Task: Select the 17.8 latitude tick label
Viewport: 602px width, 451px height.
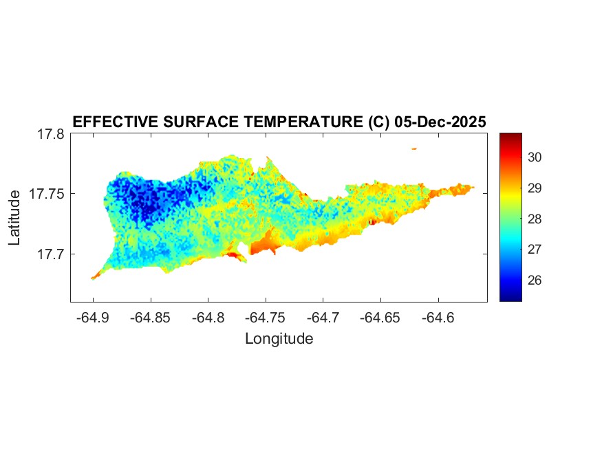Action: [x=51, y=135]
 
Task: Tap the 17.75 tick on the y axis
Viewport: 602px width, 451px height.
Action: [x=47, y=194]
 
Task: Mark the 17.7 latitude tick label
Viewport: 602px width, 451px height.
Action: [x=51, y=254]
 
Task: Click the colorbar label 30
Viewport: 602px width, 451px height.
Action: [x=536, y=157]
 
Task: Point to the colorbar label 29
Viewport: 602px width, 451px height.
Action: [x=536, y=188]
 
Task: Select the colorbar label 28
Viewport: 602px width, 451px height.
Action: [x=536, y=219]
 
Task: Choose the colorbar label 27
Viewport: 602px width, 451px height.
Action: [x=536, y=250]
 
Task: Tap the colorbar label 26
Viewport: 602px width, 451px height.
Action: [x=536, y=280]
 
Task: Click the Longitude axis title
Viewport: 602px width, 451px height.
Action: [x=279, y=339]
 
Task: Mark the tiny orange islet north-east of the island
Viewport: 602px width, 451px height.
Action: [x=414, y=148]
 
